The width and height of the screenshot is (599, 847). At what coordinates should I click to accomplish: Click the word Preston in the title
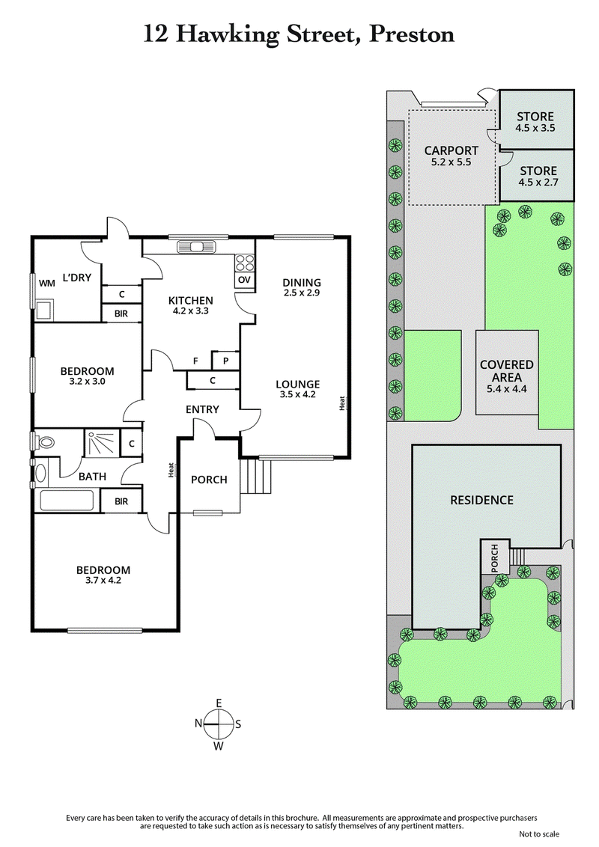pyautogui.click(x=411, y=34)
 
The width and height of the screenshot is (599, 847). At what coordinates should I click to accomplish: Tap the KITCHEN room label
pyautogui.click(x=190, y=300)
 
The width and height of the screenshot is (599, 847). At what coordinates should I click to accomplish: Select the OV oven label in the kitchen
pyautogui.click(x=244, y=280)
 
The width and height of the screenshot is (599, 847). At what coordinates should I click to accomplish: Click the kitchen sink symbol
pyautogui.click(x=195, y=246)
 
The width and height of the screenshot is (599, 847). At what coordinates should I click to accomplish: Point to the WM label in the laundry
pyautogui.click(x=46, y=283)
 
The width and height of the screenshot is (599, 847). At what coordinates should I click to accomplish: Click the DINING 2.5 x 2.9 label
pyautogui.click(x=301, y=288)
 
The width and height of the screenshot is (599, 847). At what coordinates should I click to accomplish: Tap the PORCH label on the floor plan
pyautogui.click(x=209, y=480)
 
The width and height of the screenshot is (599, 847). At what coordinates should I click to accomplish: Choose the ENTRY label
pyautogui.click(x=202, y=409)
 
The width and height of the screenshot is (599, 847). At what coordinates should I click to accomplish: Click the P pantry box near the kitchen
pyautogui.click(x=225, y=361)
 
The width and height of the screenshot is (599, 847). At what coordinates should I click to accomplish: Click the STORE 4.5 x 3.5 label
pyautogui.click(x=535, y=122)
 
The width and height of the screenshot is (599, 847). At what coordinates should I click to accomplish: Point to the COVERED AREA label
pyautogui.click(x=507, y=371)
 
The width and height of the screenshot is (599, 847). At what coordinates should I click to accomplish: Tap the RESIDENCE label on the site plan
pyautogui.click(x=481, y=500)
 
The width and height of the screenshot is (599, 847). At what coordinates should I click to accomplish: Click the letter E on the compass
pyautogui.click(x=219, y=703)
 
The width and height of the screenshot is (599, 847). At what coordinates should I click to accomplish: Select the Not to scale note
pyautogui.click(x=538, y=834)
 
